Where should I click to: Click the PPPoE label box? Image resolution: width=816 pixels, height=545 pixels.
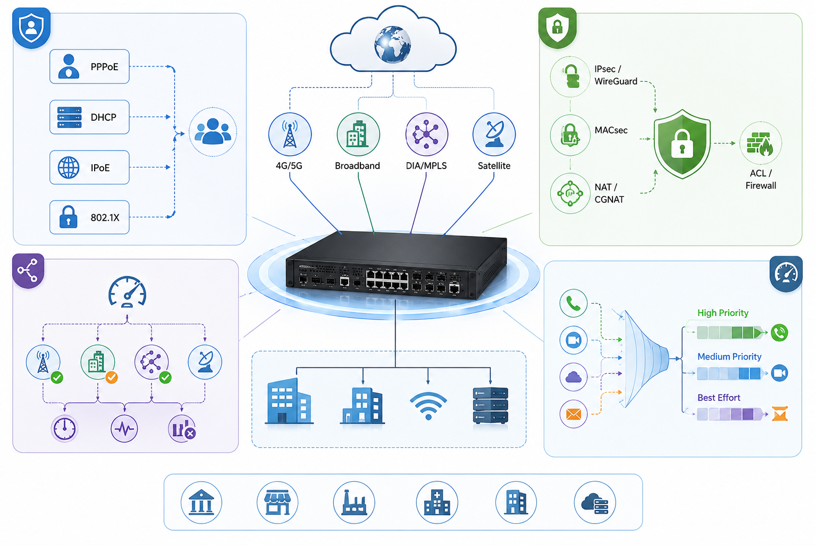click(90, 66)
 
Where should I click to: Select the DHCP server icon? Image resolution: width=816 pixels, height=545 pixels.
click(69, 118)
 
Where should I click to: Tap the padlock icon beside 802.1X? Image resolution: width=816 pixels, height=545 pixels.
click(68, 217)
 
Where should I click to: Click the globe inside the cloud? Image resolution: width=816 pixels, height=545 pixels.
click(393, 45)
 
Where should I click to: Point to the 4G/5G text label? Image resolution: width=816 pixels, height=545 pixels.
click(289, 166)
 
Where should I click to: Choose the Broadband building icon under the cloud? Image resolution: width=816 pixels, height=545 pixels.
click(358, 134)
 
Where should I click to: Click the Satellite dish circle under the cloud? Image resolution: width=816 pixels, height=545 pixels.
click(494, 134)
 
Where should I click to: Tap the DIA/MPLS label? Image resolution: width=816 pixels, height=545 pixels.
click(426, 166)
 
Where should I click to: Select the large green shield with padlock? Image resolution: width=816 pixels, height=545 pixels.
click(682, 144)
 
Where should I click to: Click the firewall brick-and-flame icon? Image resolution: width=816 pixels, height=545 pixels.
click(760, 144)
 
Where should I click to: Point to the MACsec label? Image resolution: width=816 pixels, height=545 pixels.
click(611, 130)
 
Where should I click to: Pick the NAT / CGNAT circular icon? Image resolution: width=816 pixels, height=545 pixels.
click(570, 193)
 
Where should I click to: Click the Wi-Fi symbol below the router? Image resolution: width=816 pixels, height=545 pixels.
click(428, 406)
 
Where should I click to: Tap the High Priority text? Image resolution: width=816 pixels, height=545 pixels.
click(723, 313)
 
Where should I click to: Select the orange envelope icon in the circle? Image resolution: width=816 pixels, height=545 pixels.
click(574, 414)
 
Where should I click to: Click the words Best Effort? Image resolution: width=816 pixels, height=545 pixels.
click(719, 398)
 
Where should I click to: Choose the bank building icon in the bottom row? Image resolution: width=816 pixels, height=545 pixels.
click(201, 502)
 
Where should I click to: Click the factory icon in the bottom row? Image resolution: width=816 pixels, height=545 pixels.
click(354, 502)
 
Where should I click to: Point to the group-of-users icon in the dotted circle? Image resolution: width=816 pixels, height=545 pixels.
click(213, 132)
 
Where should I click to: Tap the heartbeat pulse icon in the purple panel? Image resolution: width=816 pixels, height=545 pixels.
click(124, 429)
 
